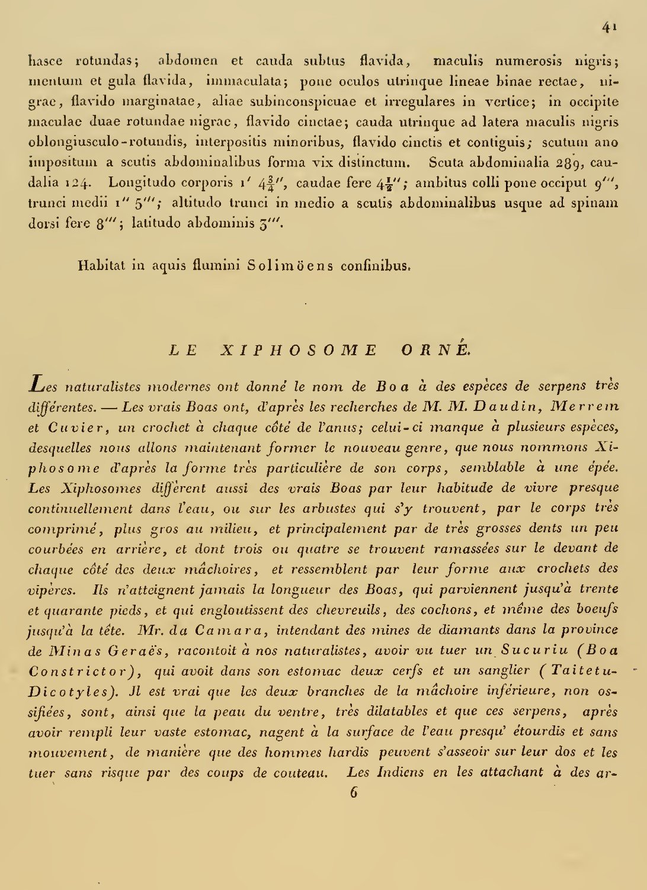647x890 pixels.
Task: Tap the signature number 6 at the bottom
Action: pyautogui.click(x=354, y=792)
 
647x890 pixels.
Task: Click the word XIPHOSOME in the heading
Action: pyautogui.click(x=299, y=350)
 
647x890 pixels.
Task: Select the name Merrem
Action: pyautogui.click(x=585, y=407)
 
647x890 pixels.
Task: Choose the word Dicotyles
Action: pyautogui.click(x=68, y=692)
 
